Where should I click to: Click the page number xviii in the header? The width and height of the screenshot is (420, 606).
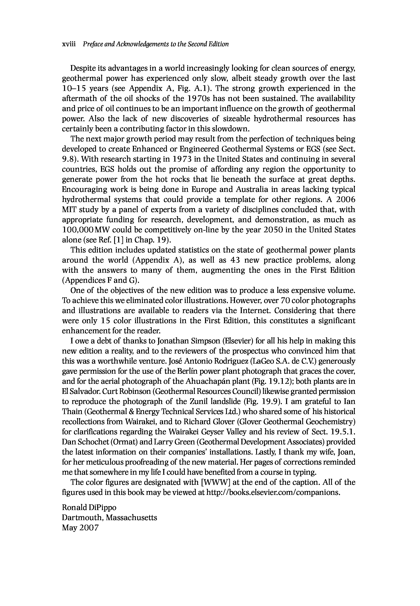69,44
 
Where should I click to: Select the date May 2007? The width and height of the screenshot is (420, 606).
80,528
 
